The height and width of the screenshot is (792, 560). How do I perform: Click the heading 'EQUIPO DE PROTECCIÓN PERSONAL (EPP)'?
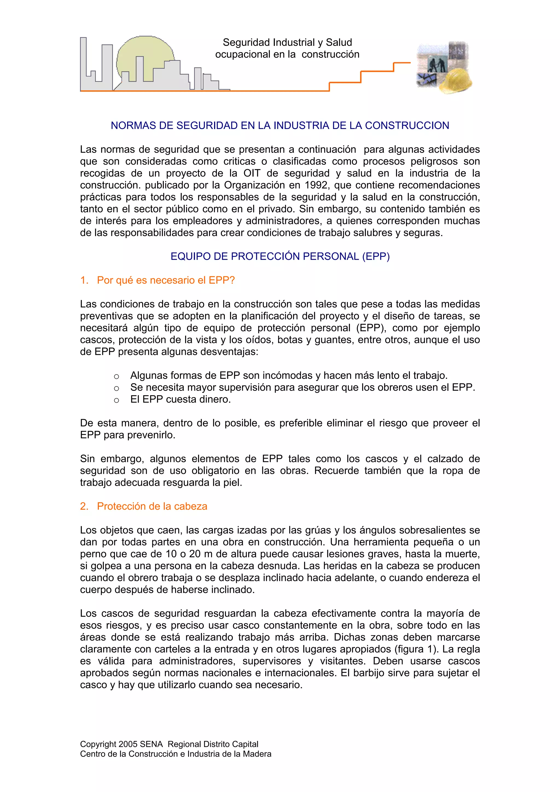point(280,256)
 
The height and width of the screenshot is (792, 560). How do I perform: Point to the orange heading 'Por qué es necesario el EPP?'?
point(166,280)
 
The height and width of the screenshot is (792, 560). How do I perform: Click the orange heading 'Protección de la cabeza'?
point(152,506)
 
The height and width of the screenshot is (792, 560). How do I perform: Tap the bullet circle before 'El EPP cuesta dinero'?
point(117,400)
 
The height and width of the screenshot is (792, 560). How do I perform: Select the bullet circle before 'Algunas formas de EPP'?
point(117,377)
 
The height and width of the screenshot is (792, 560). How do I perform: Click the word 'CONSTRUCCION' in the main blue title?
point(407,125)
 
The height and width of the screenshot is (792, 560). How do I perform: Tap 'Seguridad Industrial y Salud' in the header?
point(287,42)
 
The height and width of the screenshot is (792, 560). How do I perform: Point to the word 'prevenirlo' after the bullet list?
point(157,435)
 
